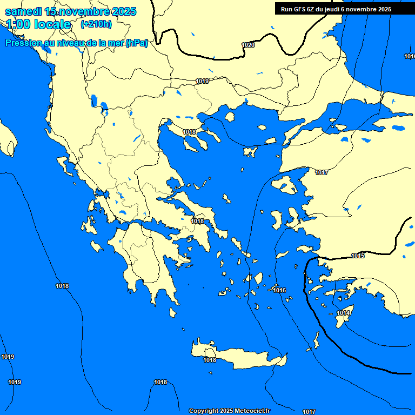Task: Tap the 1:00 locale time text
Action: pos(38,24)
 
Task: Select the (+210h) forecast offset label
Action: pos(96,24)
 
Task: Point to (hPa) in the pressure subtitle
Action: pos(136,43)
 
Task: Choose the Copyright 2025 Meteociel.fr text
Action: pos(229,411)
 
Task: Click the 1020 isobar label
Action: pos(248,45)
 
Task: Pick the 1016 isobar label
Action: pos(279,290)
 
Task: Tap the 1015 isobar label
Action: pos(358,255)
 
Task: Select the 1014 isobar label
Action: pos(344,313)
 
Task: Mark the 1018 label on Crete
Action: pos(210,360)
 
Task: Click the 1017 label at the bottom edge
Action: pos(309,412)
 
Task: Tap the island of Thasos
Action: pos(230,117)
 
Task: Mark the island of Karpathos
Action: pos(317,340)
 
